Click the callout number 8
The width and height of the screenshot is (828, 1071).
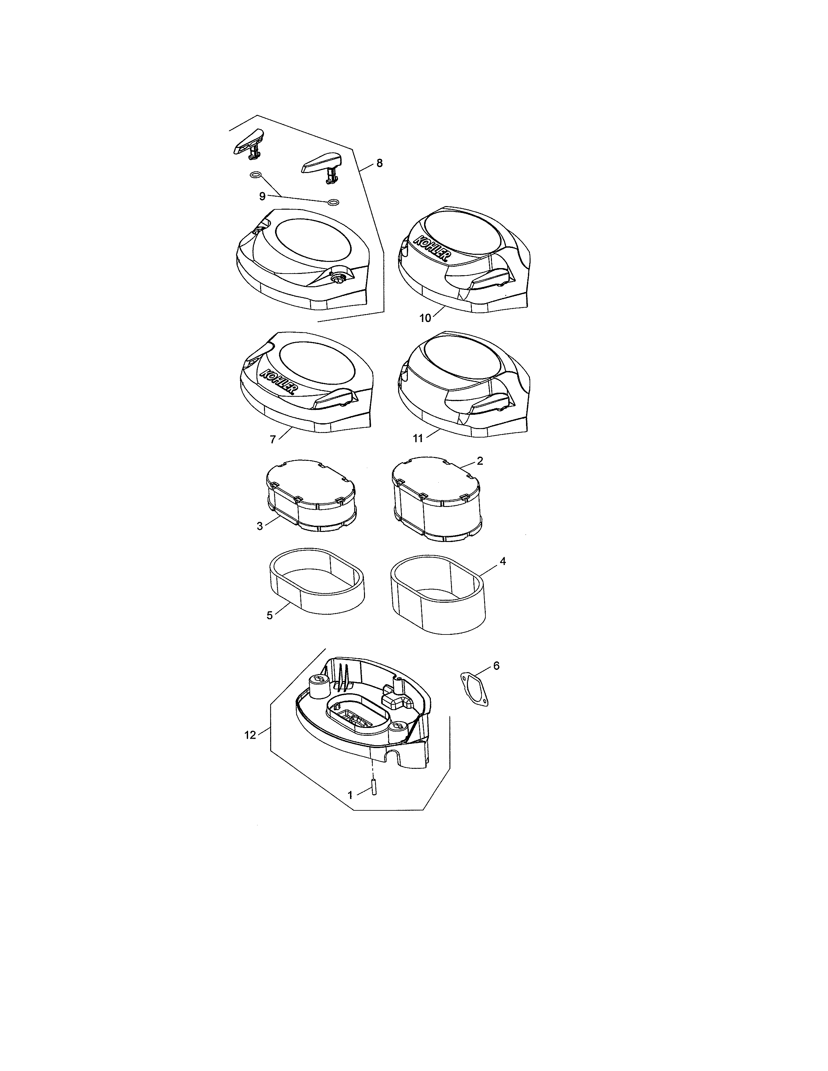380,163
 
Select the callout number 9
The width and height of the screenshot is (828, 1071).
262,196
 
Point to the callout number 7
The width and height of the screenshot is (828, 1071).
273,439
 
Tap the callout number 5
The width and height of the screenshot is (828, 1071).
269,615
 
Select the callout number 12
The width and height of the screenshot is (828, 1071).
250,749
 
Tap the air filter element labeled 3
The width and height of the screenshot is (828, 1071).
311,497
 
